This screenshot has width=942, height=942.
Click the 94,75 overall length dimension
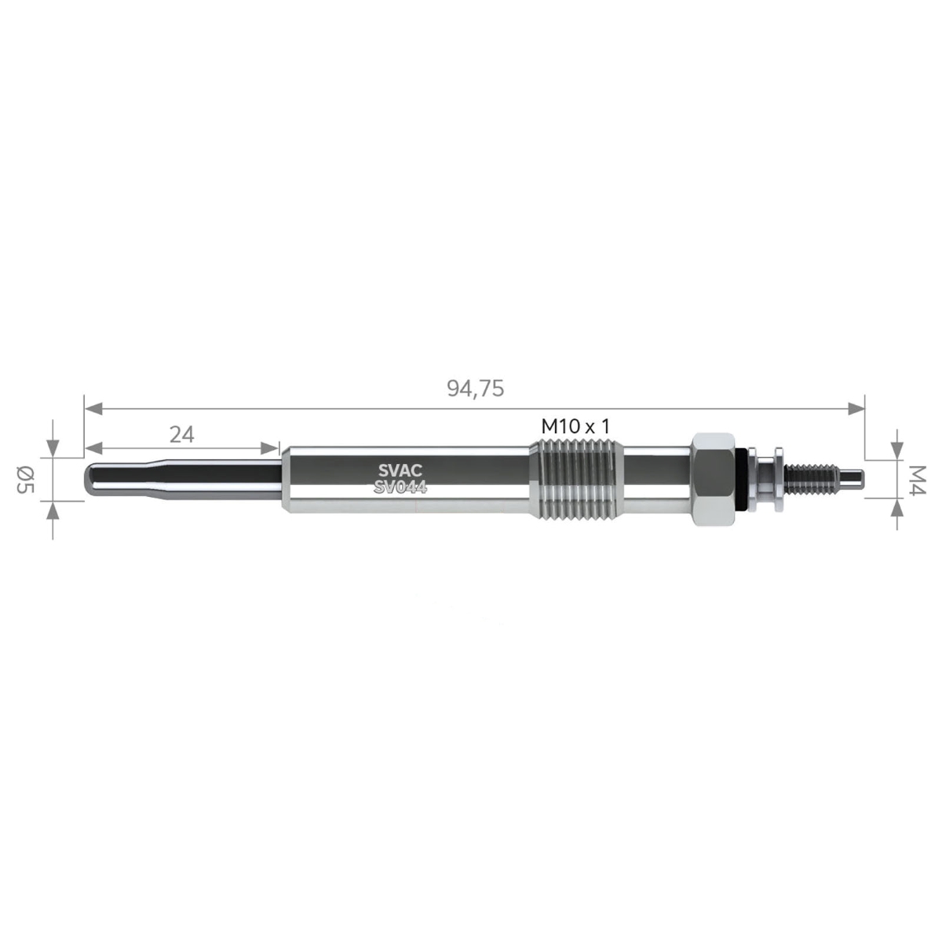click(475, 389)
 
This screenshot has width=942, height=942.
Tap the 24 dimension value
click(182, 434)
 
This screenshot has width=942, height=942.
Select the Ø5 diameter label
click(25, 480)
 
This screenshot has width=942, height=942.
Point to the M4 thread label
click(917, 480)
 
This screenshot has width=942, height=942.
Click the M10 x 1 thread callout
click(575, 427)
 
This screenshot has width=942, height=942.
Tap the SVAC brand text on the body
click(400, 470)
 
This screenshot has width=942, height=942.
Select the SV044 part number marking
click(400, 487)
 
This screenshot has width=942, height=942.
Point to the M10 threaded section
click(576, 480)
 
